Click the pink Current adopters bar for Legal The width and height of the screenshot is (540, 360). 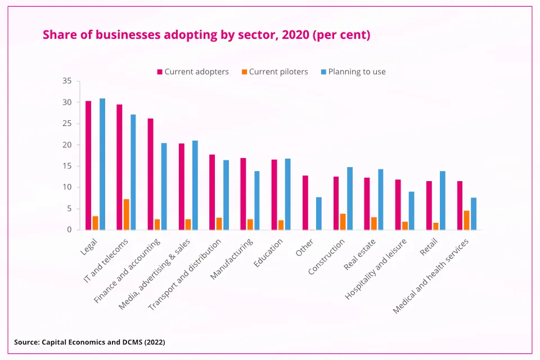88,165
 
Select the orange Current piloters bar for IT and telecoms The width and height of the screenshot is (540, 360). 127,214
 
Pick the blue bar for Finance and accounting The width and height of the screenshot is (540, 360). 164,186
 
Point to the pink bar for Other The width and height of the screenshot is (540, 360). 305,202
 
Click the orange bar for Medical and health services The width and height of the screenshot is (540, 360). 467,220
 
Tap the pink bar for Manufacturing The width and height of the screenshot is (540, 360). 243,194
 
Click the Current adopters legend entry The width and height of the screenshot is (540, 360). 192,72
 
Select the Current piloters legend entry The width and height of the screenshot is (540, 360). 274,72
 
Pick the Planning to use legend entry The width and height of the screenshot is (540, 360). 353,72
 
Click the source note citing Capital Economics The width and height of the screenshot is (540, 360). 89,341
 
